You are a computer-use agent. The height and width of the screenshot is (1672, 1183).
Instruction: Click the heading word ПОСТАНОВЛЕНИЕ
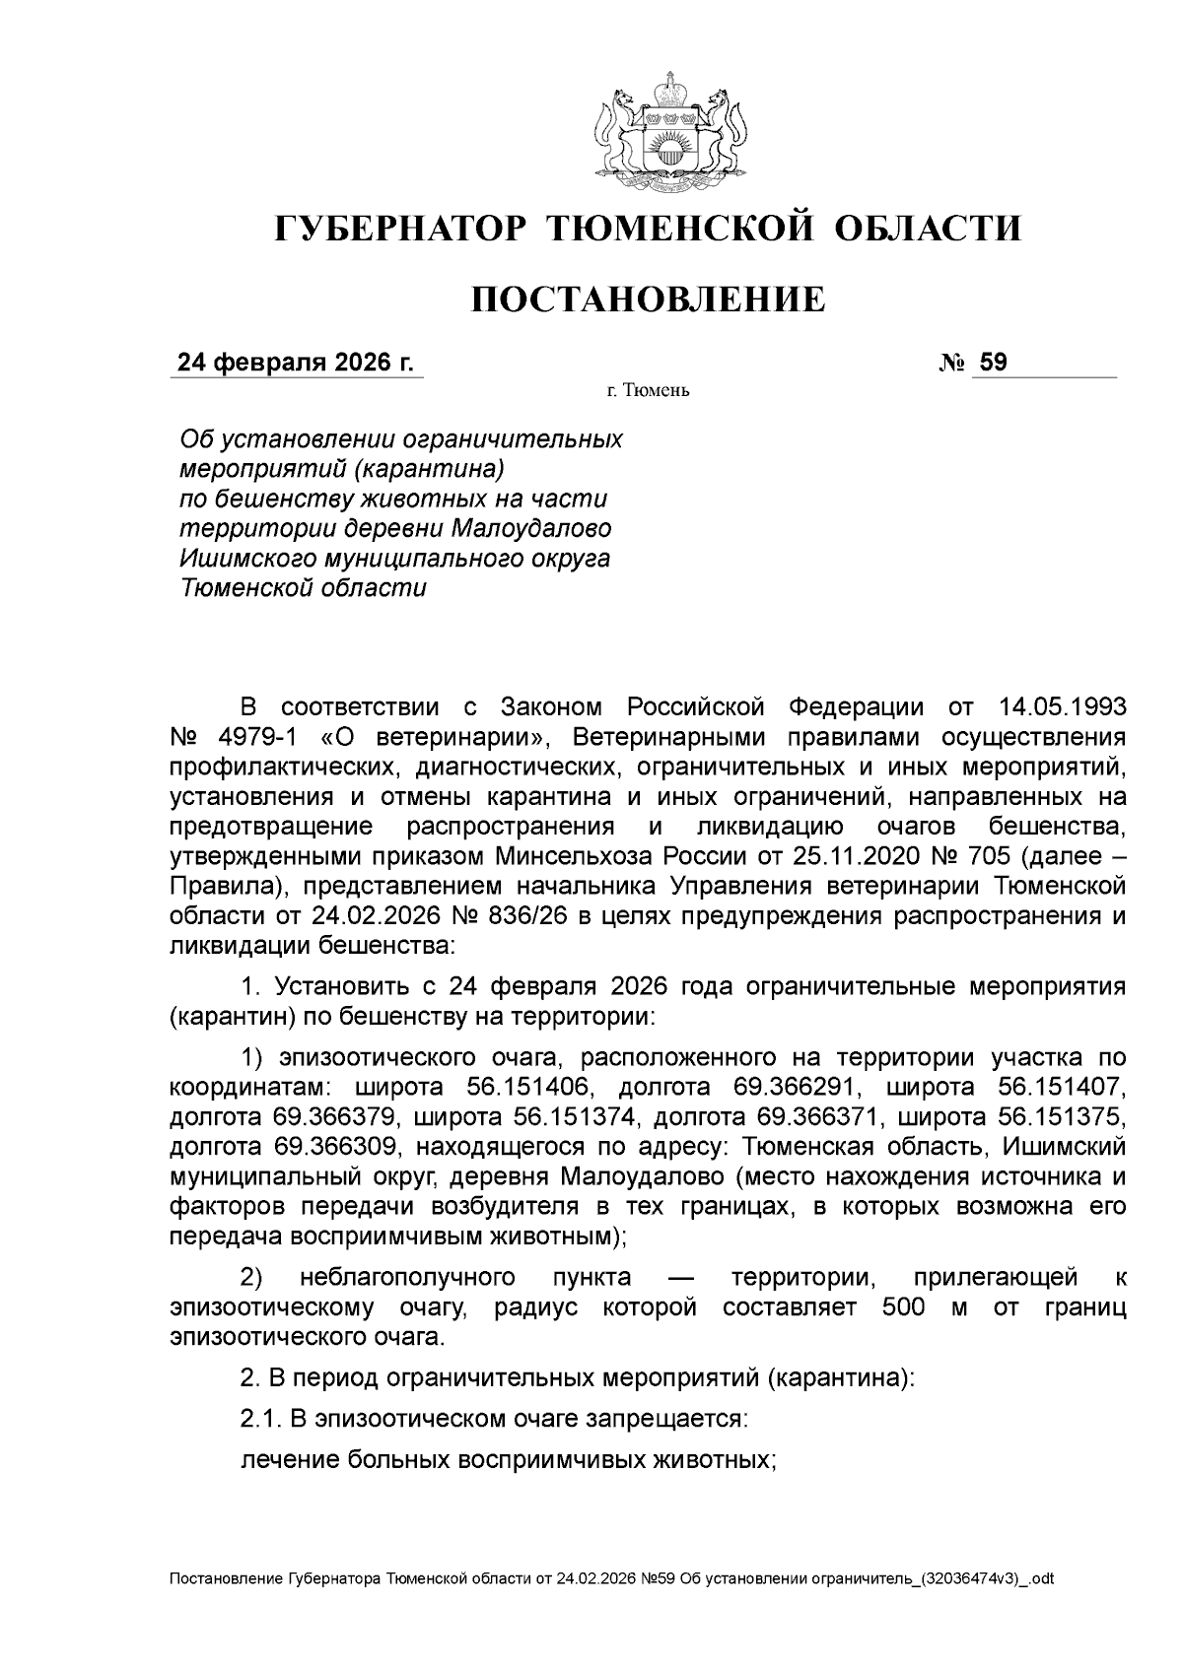(647, 300)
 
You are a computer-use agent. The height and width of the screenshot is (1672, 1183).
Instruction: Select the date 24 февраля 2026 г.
(295, 363)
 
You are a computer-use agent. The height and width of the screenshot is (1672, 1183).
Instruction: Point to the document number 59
(993, 363)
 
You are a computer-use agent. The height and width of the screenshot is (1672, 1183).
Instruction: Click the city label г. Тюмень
(648, 391)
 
